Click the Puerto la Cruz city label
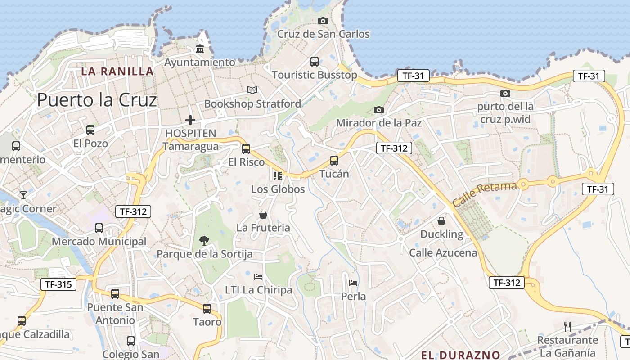97,100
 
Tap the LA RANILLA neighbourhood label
117,71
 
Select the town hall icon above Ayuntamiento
200,49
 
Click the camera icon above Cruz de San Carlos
323,21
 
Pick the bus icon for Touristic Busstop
314,62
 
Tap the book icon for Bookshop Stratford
252,90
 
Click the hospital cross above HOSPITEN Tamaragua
190,120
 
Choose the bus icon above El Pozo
90,130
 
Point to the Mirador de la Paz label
379,123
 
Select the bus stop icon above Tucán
334,160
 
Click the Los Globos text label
278,189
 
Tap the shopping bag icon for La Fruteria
263,215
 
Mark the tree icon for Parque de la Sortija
204,240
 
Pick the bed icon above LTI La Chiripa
258,276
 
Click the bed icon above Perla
353,283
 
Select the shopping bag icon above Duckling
441,221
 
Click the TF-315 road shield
58,284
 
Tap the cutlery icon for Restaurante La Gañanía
567,326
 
